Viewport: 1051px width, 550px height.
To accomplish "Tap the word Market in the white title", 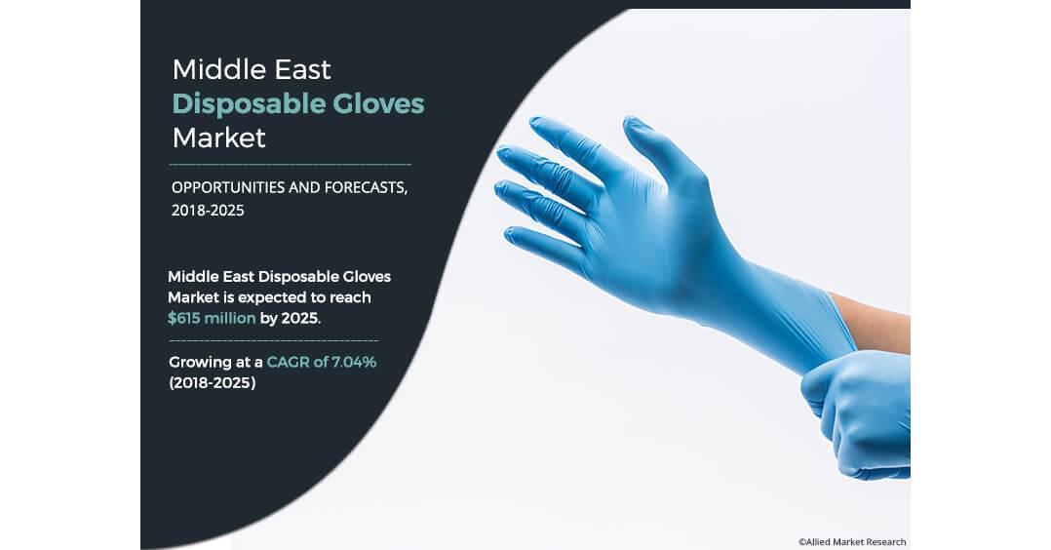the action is pos(218,138).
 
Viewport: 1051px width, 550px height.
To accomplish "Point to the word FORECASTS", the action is pos(366,187).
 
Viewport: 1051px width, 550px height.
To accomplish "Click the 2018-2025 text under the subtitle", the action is pos(208,210).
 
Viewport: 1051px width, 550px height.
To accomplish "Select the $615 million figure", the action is pos(212,318).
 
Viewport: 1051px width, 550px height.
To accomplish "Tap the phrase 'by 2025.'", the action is pos(291,318).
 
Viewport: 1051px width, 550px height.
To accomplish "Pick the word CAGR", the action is pos(288,362).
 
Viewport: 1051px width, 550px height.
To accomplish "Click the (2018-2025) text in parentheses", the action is pos(213,383).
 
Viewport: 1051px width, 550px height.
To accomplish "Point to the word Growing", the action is pos(200,363).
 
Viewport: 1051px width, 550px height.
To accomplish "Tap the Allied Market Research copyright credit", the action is pos(852,542).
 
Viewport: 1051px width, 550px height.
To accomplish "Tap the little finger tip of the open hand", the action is pos(512,235).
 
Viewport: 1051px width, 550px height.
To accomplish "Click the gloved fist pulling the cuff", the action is pos(861,412).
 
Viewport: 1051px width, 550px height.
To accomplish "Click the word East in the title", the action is pos(301,70).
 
